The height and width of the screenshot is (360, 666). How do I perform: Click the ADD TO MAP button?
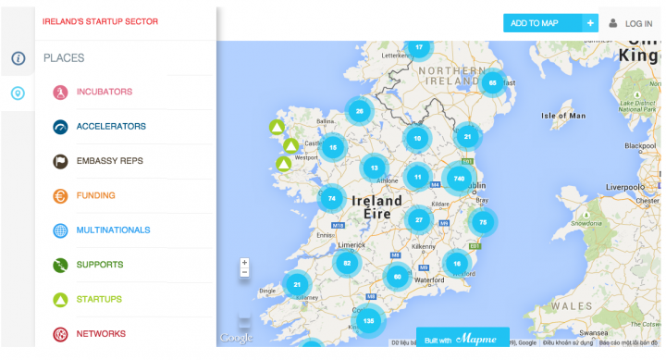click(540, 23)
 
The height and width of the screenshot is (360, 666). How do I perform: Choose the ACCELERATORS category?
click(111, 127)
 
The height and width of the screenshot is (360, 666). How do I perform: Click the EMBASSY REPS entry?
click(109, 161)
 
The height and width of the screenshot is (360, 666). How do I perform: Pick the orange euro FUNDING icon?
click(60, 195)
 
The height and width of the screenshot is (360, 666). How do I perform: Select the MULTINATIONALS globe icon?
click(60, 230)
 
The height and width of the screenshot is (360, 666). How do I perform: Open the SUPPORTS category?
click(100, 265)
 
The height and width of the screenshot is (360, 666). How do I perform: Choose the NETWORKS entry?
click(101, 333)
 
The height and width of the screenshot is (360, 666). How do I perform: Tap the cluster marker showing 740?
click(458, 177)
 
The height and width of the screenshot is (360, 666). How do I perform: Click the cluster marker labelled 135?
click(369, 320)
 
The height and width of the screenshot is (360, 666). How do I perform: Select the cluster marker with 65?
click(492, 82)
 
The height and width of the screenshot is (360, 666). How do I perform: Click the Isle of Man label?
click(563, 116)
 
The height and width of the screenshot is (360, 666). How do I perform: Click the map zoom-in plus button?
click(244, 262)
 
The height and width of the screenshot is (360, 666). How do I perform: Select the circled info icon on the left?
click(18, 58)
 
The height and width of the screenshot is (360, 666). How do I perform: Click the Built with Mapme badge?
click(462, 340)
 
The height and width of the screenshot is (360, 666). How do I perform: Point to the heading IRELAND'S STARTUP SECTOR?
click(100, 20)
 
